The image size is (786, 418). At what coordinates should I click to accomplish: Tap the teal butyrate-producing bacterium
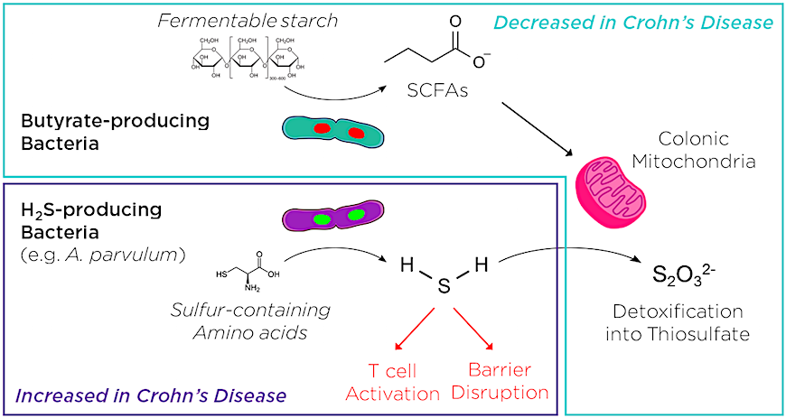pos(332,133)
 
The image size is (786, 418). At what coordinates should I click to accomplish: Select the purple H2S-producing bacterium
pos(332,217)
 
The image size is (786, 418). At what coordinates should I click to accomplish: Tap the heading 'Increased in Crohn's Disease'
pos(151,395)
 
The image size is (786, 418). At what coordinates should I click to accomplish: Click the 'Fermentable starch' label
pos(248,18)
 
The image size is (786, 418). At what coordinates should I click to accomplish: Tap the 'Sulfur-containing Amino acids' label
pos(250,321)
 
